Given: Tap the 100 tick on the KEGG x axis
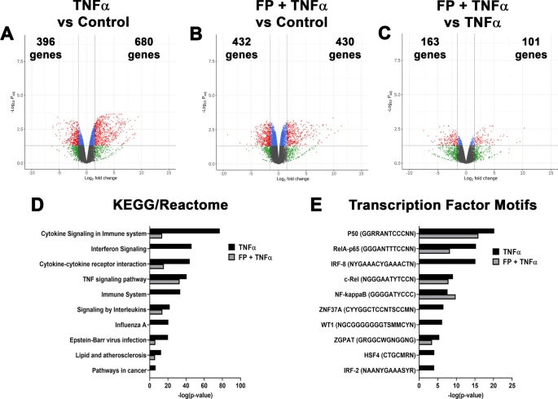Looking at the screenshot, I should click(x=239, y=384).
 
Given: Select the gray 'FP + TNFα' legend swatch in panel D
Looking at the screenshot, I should click(x=232, y=256).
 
